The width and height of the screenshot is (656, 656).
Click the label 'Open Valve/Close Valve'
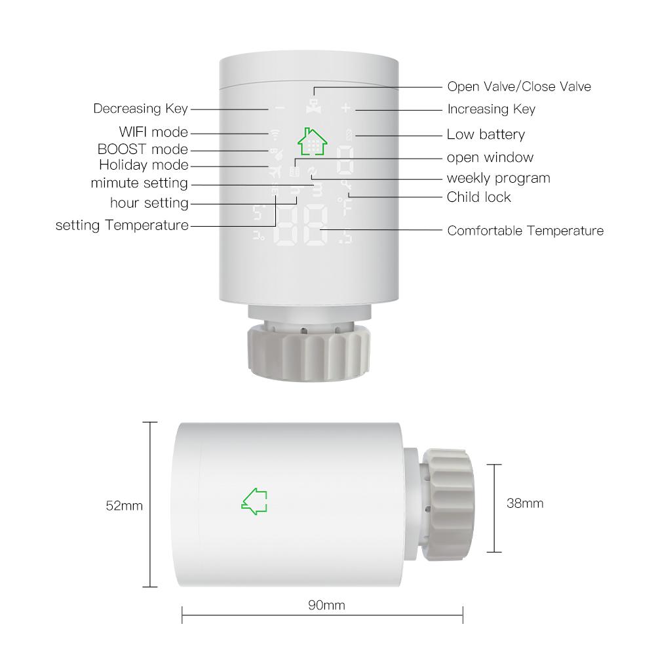518,87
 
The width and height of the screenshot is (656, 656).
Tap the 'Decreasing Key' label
140,109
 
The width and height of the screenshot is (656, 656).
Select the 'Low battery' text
486,135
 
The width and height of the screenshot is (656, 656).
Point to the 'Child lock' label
478,197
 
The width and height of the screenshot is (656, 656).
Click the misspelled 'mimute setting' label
139,183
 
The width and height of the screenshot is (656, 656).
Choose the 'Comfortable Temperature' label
525,231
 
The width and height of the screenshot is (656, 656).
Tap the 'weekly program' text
498,178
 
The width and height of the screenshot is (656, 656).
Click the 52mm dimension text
124,505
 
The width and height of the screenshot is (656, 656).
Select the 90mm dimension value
326,605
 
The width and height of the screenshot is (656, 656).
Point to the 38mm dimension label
525,503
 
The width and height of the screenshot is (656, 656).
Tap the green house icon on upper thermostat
312,140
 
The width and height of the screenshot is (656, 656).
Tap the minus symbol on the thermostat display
280,108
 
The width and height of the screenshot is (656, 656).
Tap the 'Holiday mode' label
144,165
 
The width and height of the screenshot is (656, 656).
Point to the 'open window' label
490,157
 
